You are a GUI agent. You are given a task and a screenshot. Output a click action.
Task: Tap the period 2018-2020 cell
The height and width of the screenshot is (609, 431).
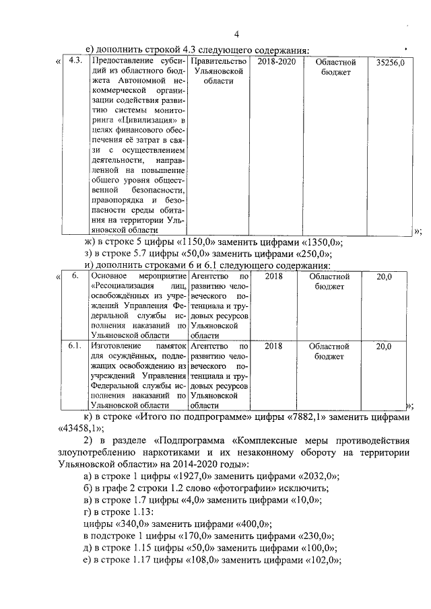[276, 61]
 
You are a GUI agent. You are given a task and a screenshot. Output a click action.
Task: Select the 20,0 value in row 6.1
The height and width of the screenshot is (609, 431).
[384, 346]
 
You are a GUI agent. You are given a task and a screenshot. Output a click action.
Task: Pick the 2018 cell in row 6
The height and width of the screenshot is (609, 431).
[273, 276]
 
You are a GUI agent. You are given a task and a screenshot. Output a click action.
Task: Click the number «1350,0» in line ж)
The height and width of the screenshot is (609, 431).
[318, 242]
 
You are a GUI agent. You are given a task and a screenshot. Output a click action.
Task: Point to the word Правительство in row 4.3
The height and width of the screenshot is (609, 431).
[218, 61]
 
